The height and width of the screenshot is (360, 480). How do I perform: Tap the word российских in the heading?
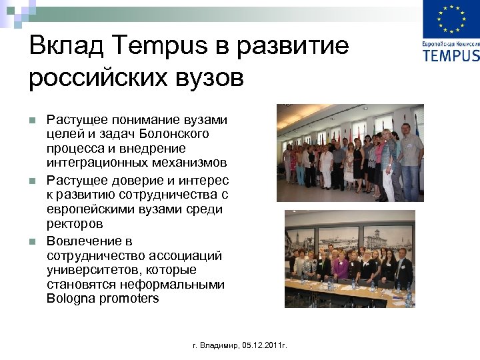(89, 77)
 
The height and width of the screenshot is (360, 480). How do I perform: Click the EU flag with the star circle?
(451, 19)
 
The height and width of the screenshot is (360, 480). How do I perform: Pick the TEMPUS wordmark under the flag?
(451, 55)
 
